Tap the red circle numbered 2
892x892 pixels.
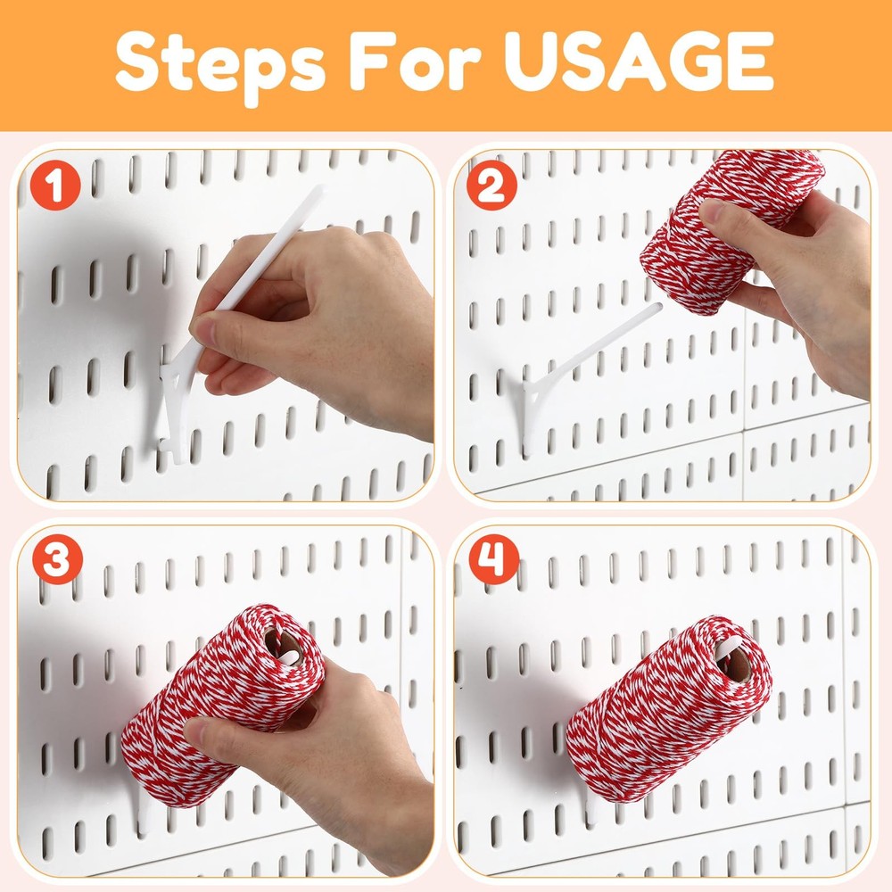click(491, 188)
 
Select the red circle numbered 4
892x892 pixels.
click(491, 563)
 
